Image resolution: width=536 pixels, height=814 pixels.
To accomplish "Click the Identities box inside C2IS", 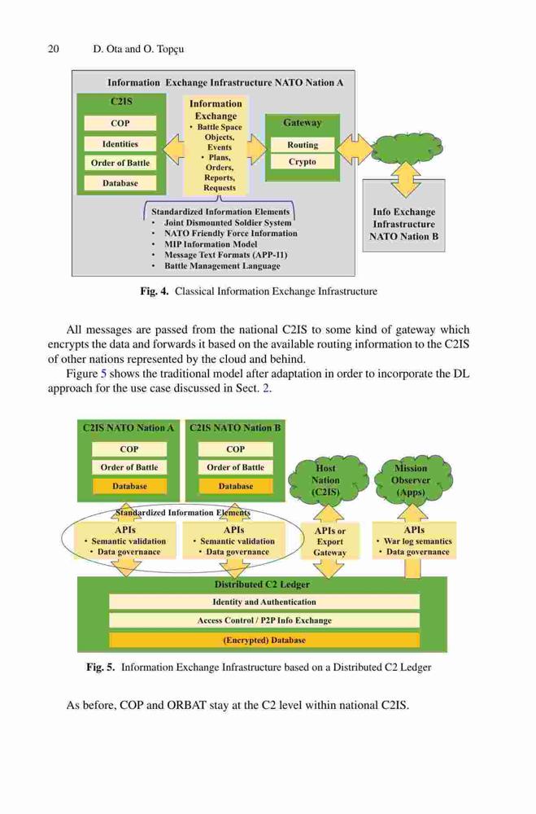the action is coord(120,144).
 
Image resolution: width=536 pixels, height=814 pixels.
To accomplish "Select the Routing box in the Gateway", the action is coord(303,145).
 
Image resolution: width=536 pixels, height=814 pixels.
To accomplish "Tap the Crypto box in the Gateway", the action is coord(303,161).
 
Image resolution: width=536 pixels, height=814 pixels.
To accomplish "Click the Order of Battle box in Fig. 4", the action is coord(120,163).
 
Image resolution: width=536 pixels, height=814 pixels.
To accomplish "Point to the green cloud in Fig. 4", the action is coord(407,148).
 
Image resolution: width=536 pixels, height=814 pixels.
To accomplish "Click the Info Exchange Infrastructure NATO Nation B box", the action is coord(403,216).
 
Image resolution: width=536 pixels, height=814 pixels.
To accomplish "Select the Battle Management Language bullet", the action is coord(222,266).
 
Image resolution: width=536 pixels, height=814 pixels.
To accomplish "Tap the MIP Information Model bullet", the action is coord(211,244).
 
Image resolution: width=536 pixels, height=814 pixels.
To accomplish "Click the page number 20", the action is coord(54,50).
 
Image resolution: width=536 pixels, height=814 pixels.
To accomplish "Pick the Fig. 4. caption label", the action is coord(154,291).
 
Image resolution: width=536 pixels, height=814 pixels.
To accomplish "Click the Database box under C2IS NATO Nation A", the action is coord(129,487).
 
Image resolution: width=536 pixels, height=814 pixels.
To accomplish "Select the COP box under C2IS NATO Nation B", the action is coord(236,449).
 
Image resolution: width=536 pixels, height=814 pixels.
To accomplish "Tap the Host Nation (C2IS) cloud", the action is coord(326,479).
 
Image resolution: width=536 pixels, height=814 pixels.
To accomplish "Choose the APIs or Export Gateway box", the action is coord(330,541).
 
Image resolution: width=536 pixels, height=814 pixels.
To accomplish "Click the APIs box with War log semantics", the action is coord(414,540).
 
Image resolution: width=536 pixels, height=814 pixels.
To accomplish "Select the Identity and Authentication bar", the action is coord(264,602).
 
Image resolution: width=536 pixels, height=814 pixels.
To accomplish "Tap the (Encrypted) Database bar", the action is coord(264,640).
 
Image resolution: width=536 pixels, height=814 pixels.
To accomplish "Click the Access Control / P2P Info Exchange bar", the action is coord(264,620).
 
